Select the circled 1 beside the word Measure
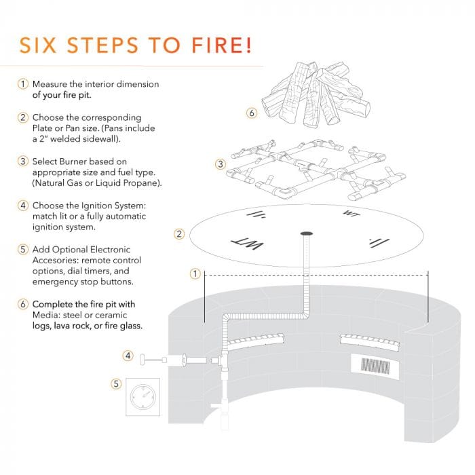[22, 84]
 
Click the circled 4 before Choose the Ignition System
[22, 204]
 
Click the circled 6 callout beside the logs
[252, 113]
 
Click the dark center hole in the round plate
[305, 235]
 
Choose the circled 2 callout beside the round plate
[179, 234]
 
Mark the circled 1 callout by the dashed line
[195, 274]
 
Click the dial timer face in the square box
[143, 396]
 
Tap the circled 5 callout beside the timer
[115, 384]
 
